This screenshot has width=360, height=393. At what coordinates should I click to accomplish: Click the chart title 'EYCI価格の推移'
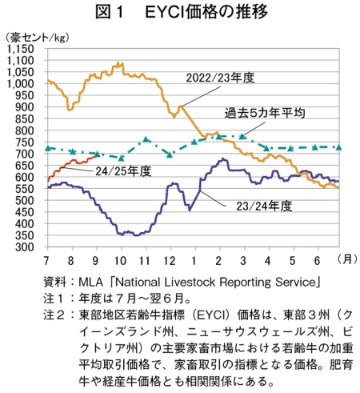pyautogui.click(x=206, y=12)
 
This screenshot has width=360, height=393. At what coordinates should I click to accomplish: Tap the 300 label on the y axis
pyautogui.click(x=25, y=247)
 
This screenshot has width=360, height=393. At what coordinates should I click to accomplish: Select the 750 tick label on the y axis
pyautogui.click(x=25, y=142)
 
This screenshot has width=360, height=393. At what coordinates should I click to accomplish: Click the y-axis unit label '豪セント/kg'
pyautogui.click(x=37, y=38)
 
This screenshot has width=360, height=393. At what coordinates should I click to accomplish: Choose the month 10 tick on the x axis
pyautogui.click(x=120, y=260)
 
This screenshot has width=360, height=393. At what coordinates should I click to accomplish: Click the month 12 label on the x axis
pyautogui.click(x=170, y=260)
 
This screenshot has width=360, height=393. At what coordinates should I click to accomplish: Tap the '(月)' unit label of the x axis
pyautogui.click(x=347, y=259)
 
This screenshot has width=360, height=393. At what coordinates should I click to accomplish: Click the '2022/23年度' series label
pyautogui.click(x=220, y=78)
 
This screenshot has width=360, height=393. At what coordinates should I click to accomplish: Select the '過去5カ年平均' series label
pyautogui.click(x=265, y=113)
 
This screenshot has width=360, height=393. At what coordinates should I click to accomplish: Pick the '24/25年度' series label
pyautogui.click(x=123, y=171)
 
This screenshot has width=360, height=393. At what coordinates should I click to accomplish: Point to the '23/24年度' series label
pyautogui.click(x=264, y=206)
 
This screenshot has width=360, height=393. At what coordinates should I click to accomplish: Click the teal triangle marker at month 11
pyautogui.click(x=146, y=139)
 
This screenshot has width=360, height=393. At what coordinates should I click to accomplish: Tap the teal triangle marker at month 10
pyautogui.click(x=122, y=158)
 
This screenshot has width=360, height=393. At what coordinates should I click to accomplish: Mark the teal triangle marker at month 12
pyautogui.click(x=170, y=154)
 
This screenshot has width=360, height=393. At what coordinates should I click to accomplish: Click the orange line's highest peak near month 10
pyautogui.click(x=118, y=62)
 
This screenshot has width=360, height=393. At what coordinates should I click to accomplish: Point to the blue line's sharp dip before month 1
pyautogui.click(x=190, y=211)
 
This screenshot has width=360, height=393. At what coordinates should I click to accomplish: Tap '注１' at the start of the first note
pyautogui.click(x=54, y=299)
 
